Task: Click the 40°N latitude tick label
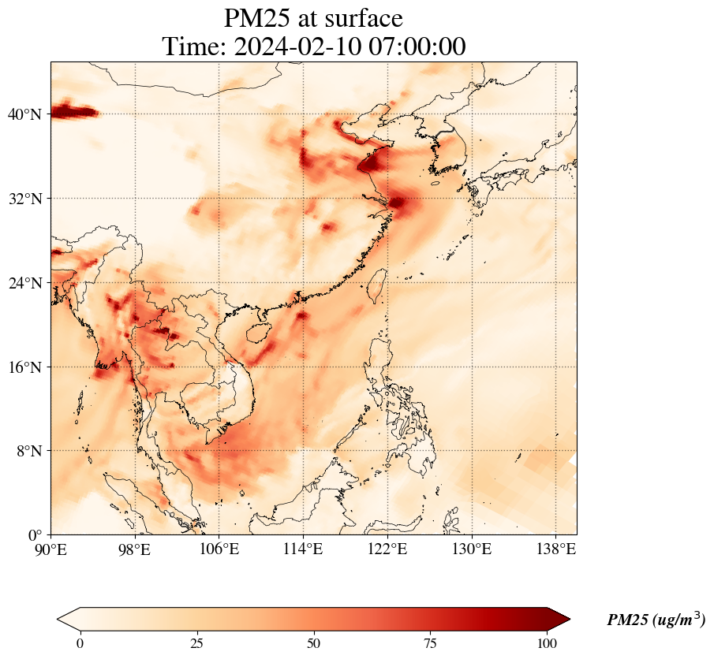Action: (24, 114)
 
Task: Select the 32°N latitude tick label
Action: (24, 199)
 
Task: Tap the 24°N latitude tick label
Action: (24, 283)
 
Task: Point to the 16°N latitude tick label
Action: (24, 367)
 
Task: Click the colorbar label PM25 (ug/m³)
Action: (656, 620)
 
